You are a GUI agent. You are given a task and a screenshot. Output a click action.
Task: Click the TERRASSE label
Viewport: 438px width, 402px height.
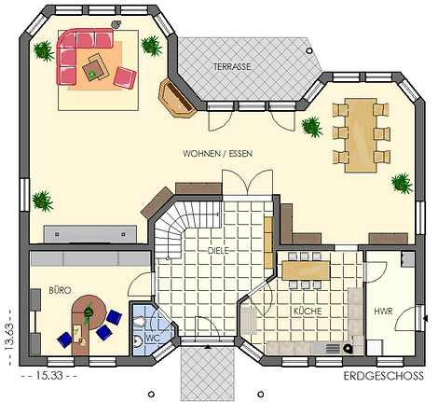point(232,66)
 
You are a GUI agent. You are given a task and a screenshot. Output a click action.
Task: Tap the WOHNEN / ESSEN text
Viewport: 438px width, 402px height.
point(217,154)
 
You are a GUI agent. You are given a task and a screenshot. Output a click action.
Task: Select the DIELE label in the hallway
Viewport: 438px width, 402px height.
point(218,251)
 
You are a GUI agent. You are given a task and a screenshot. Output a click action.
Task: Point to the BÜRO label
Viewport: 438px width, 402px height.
point(60,290)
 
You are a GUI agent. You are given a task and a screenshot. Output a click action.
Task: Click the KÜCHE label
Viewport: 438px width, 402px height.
point(308,312)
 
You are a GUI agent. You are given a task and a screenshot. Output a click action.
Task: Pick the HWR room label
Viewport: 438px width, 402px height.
point(383,312)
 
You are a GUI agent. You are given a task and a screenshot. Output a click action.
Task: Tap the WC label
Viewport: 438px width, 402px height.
point(153,338)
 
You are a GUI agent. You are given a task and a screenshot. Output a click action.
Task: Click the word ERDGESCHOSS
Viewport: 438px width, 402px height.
point(383,376)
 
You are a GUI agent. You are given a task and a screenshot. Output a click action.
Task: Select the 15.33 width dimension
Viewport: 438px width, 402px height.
point(49,376)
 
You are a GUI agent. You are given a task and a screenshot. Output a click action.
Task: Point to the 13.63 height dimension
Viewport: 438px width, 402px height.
point(9,337)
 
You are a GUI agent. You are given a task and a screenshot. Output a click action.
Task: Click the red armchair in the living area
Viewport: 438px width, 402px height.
point(125,77)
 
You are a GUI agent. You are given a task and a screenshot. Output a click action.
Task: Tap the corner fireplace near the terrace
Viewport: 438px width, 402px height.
point(176,98)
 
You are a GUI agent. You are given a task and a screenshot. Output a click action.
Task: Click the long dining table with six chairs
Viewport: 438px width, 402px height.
point(361,135)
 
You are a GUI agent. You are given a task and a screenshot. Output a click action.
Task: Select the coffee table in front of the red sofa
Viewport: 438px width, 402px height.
point(96,68)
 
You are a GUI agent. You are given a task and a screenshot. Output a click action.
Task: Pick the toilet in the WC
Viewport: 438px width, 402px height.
point(140,322)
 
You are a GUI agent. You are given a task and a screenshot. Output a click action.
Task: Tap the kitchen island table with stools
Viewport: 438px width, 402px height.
point(306,270)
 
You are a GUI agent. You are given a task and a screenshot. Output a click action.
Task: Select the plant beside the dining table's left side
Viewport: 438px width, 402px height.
point(311,127)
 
